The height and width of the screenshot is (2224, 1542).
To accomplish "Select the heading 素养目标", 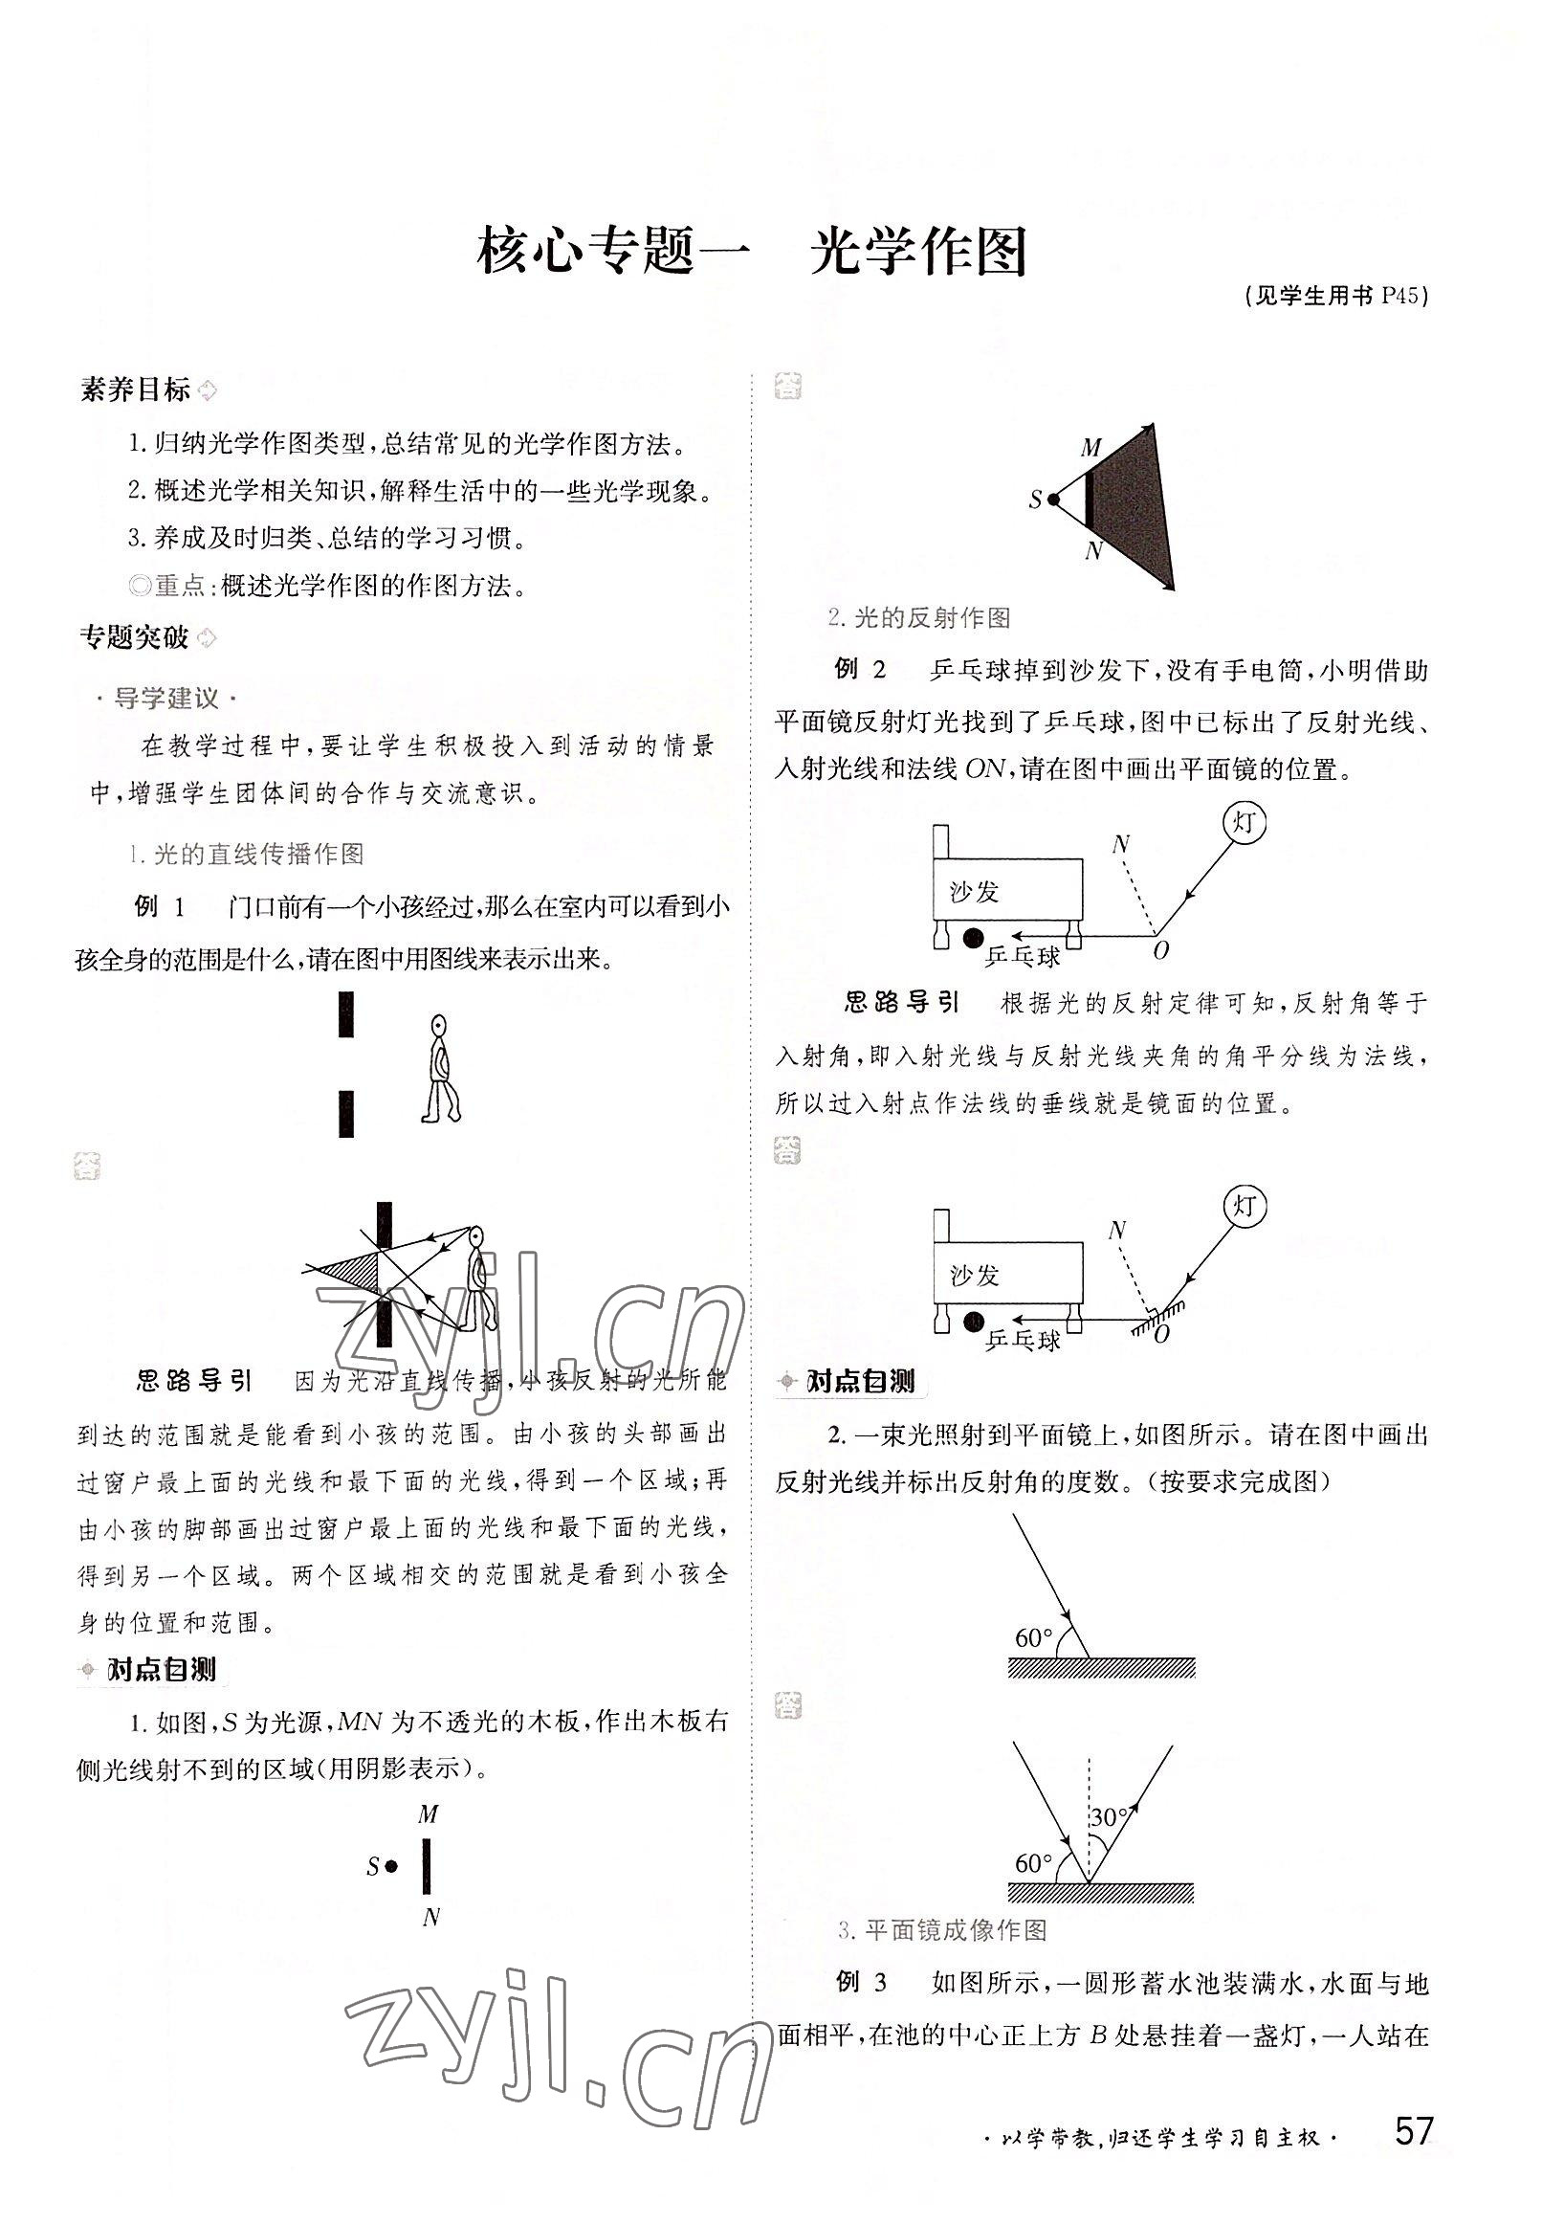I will click(x=135, y=390).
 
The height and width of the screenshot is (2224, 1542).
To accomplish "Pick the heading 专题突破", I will click(x=134, y=637).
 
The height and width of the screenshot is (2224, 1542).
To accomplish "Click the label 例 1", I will click(x=159, y=905).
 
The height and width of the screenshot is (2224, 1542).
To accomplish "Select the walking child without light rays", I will click(x=440, y=1068).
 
